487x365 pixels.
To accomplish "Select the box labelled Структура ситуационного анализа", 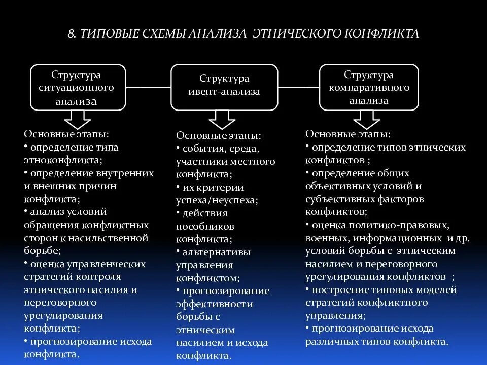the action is (78, 87).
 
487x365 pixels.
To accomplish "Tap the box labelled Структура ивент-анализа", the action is (224, 87).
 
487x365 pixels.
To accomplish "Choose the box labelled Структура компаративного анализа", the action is (369, 87).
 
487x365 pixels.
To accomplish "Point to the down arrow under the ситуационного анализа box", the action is (78, 121).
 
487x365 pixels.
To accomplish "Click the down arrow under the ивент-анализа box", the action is (222, 121).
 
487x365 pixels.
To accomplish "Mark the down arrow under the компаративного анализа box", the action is (367, 120).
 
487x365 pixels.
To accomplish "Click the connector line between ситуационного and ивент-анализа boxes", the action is (148, 88).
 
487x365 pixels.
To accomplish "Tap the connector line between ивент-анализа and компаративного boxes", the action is (299, 88).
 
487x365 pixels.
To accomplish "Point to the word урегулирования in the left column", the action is (63, 315).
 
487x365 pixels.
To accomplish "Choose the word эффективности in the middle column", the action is (215, 304).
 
